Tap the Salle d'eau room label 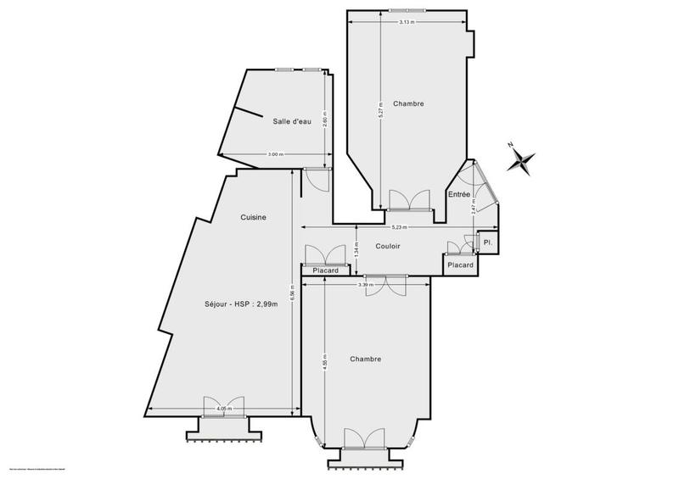click(292, 122)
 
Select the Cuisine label click(254, 218)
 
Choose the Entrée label click(459, 195)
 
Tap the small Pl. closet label click(488, 243)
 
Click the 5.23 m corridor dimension click(398, 227)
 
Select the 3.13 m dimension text click(407, 22)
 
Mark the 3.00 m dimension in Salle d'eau click(275, 154)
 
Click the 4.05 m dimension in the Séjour click(223, 409)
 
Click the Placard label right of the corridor click(460, 265)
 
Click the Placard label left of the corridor click(326, 271)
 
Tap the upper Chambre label click(408, 103)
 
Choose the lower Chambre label click(366, 359)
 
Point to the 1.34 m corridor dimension click(356, 251)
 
